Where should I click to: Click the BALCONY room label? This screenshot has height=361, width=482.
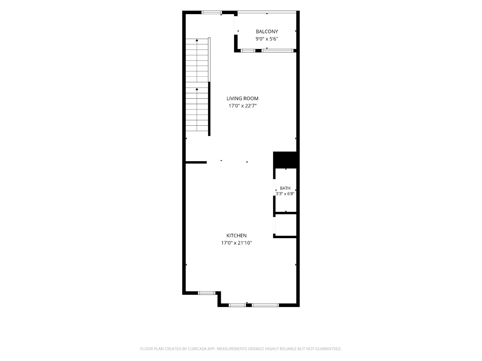(267, 32)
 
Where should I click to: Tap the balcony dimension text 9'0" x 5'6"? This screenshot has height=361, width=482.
(267, 39)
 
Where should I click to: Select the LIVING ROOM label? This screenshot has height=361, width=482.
(243, 98)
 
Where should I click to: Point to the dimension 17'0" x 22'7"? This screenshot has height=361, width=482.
(243, 106)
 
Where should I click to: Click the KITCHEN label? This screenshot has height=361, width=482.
(236, 236)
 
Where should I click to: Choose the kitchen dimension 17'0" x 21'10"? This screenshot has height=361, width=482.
(236, 243)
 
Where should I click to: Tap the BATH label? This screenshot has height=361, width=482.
(285, 188)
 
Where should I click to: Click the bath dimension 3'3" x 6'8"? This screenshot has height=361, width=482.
(285, 194)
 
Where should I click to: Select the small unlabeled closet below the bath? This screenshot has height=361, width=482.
(286, 225)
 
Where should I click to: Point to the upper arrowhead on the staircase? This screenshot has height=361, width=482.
(197, 40)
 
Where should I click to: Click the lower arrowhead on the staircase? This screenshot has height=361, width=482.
(197, 89)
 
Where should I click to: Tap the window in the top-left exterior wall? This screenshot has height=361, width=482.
(212, 13)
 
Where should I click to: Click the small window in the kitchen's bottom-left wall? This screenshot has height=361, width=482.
(207, 293)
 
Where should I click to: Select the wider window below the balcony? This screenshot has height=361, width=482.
(277, 51)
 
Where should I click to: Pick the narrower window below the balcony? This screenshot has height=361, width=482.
(248, 51)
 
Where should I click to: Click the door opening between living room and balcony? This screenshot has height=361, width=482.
(236, 25)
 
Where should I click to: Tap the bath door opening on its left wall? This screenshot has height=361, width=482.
(274, 187)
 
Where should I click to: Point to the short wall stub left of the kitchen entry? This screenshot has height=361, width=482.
(196, 162)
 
